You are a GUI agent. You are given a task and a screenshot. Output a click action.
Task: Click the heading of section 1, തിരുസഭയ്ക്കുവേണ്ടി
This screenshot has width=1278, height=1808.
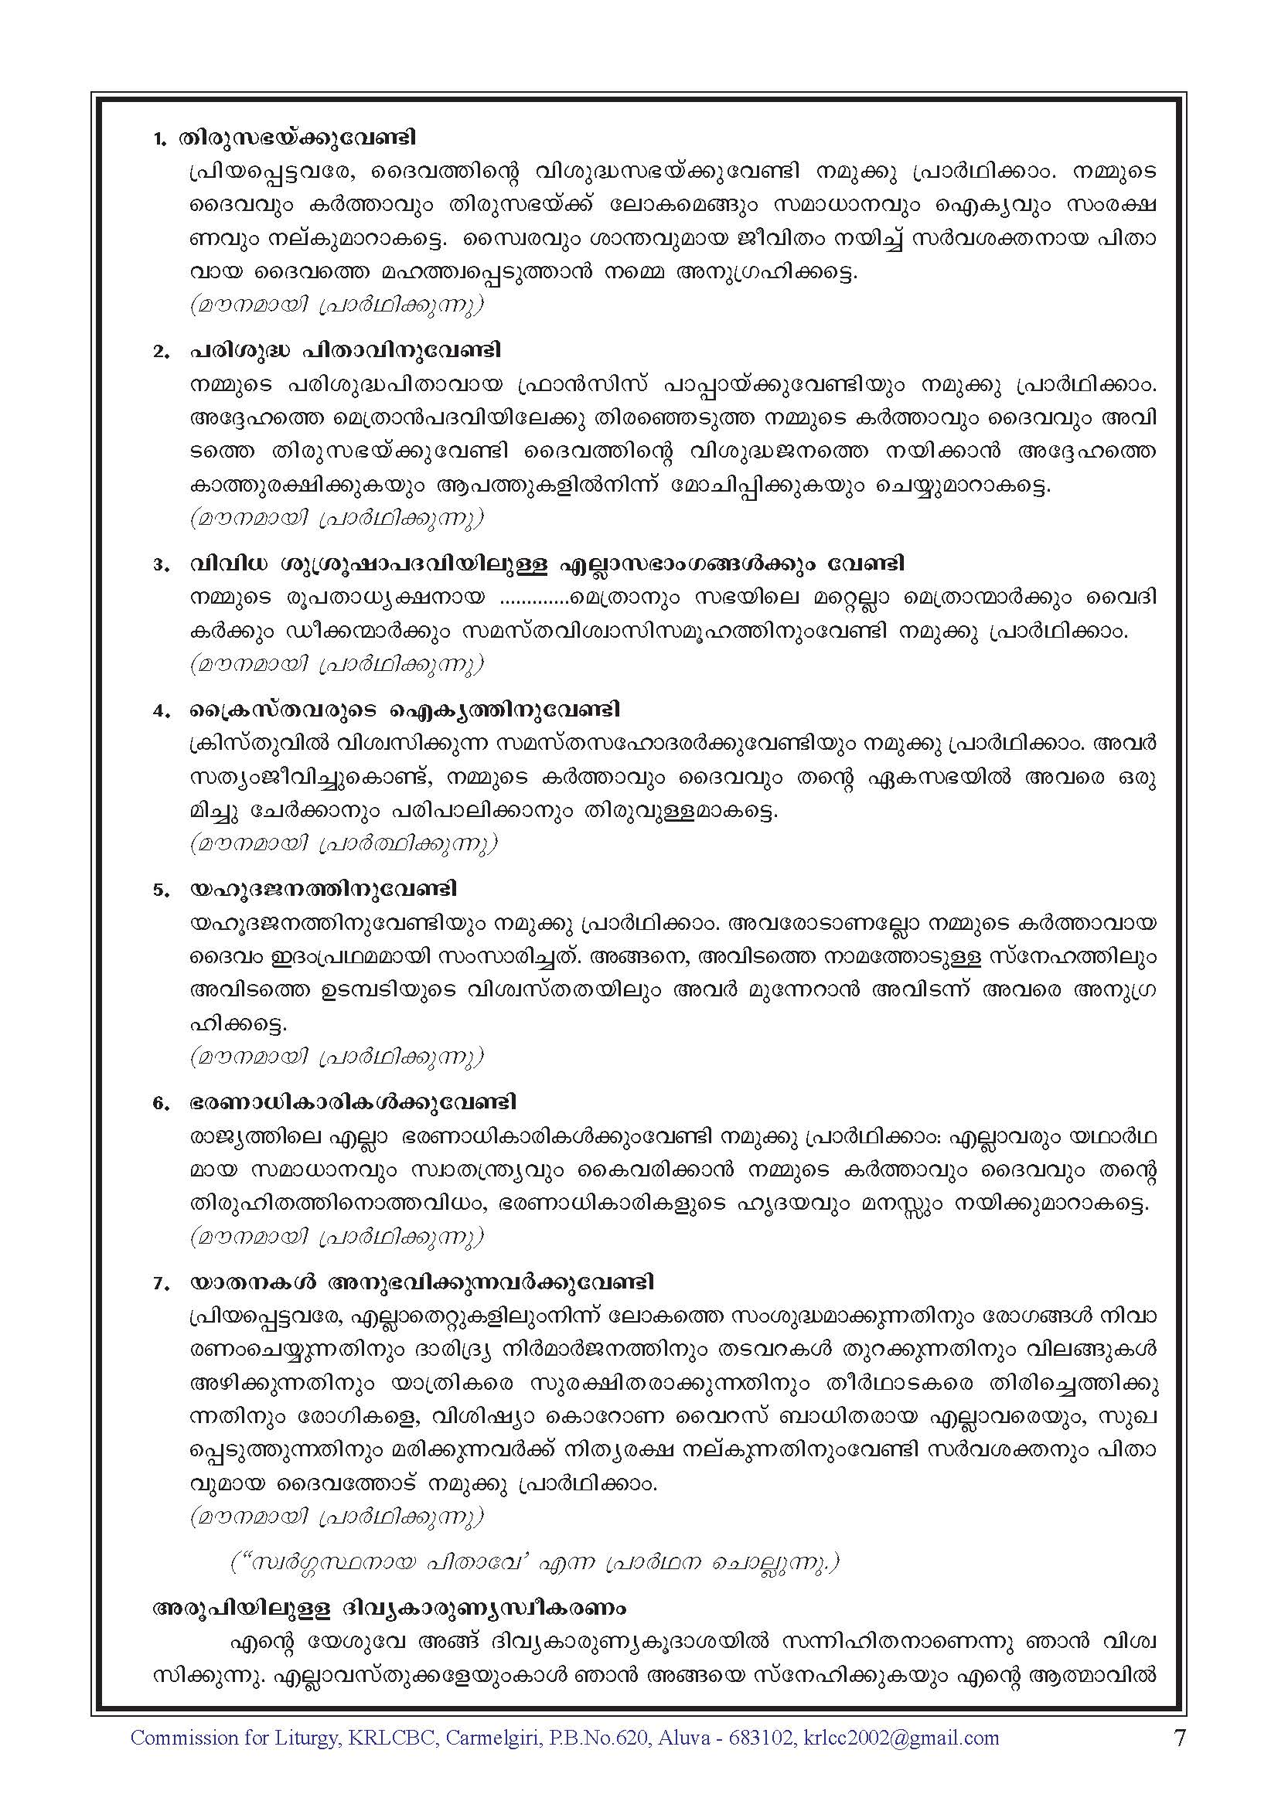[x=297, y=138]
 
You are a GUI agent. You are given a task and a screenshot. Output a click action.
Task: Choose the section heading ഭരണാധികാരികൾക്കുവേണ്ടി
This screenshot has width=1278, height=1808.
[x=352, y=1102]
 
